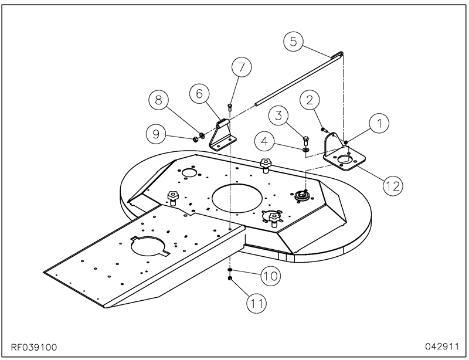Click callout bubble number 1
click(379, 123)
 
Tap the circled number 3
click(279, 114)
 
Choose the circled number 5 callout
click(294, 42)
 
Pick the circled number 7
click(241, 66)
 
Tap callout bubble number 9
click(156, 134)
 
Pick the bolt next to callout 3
click(306, 140)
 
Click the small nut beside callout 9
click(194, 138)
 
